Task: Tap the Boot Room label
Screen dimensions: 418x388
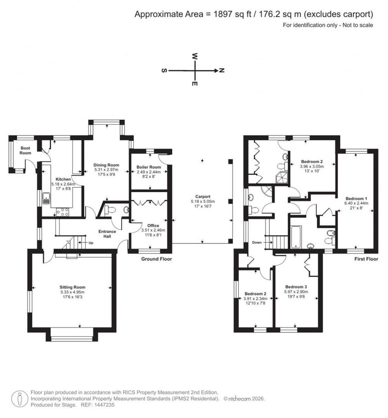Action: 26,151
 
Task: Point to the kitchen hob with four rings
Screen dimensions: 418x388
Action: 62,212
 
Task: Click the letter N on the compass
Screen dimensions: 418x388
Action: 222,70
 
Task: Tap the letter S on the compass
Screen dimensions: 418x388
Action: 164,71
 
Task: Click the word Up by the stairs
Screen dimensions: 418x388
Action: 91,243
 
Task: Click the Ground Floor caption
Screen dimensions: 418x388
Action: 156,259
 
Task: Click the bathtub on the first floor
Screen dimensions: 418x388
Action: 296,237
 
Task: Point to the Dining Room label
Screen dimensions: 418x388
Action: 106,165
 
